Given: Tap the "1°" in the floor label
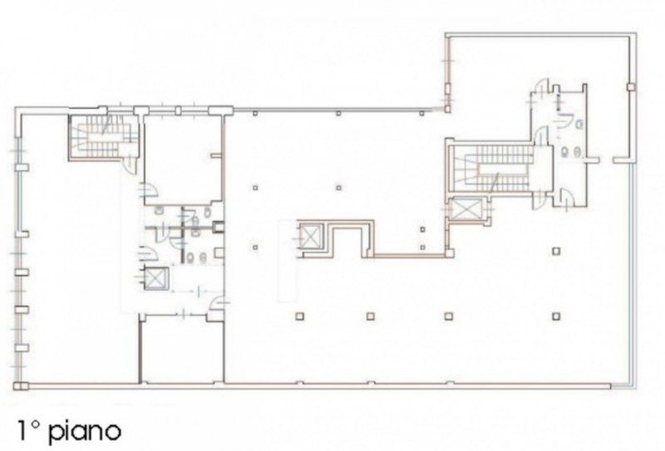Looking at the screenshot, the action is point(27,429).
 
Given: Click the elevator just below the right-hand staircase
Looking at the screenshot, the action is point(466,209).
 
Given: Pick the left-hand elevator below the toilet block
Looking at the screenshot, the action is point(155,278).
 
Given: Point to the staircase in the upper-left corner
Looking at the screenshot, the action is point(103,135).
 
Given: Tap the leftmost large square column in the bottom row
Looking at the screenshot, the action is point(300,316).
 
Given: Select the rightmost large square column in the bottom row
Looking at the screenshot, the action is point(556,316).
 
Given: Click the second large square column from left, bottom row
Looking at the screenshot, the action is point(370,316).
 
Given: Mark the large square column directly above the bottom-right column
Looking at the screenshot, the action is point(556,251).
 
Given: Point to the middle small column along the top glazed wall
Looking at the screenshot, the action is point(338,113).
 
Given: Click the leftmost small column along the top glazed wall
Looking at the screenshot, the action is point(255,113).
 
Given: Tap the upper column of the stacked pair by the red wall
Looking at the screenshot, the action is point(422,229).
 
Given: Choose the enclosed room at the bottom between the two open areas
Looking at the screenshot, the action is point(181,350).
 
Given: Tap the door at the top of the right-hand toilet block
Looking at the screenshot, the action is point(542,88).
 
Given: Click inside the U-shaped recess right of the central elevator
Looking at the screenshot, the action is point(347,242).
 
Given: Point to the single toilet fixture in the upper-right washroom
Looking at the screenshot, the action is point(579,125).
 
